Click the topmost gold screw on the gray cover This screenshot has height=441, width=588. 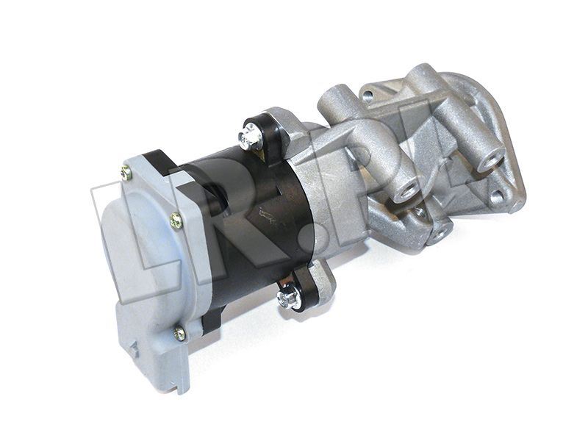tap(126, 173)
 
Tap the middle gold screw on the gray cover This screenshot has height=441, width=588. tap(176, 221)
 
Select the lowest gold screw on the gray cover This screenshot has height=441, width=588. tap(180, 334)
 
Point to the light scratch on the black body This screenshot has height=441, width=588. tap(268, 217)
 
